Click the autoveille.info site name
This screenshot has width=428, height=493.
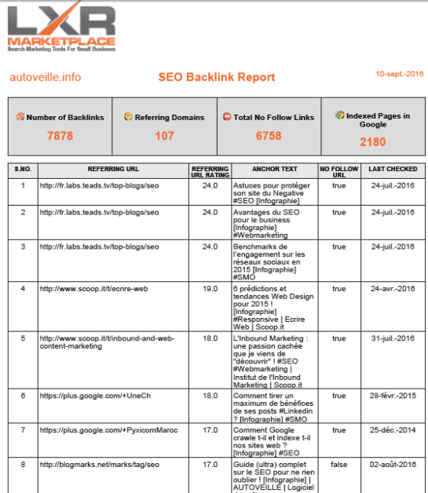pos(45,77)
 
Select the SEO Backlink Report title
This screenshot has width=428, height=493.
pos(217,77)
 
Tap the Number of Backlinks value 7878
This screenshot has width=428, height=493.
pos(60,135)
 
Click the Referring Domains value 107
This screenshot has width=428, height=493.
pos(164,135)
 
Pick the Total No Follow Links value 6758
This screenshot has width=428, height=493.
pos(269,135)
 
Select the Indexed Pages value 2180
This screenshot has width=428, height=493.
pos(373,142)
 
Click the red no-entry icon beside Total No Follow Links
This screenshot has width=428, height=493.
pos(226,117)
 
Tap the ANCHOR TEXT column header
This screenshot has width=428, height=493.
pos(275,169)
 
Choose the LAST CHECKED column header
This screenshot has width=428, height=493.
pos(393,169)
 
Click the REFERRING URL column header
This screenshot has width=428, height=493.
pos(112,169)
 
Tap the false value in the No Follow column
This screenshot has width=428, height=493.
pos(338,464)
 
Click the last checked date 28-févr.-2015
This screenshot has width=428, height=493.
pos(393,396)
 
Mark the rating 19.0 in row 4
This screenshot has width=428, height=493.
pos(210,288)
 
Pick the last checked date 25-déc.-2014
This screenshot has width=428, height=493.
pos(393,430)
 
